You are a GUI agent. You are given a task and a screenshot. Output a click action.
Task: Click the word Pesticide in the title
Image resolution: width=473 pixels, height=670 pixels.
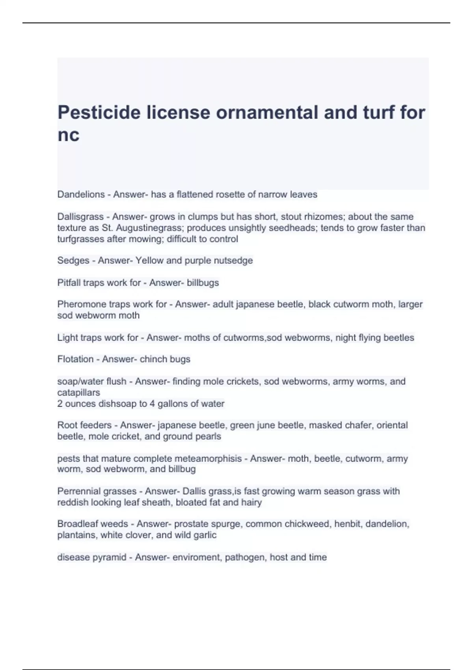pyautogui.click(x=99, y=113)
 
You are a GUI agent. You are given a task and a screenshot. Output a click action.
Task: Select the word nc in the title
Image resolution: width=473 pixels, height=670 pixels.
pyautogui.click(x=68, y=135)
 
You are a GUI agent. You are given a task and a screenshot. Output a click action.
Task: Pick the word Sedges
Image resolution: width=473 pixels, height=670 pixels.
pyautogui.click(x=73, y=261)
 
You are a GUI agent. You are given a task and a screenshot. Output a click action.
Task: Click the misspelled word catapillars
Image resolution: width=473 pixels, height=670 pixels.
pyautogui.click(x=78, y=393)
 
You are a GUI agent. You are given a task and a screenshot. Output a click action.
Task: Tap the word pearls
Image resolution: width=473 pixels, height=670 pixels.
pyautogui.click(x=209, y=436)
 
